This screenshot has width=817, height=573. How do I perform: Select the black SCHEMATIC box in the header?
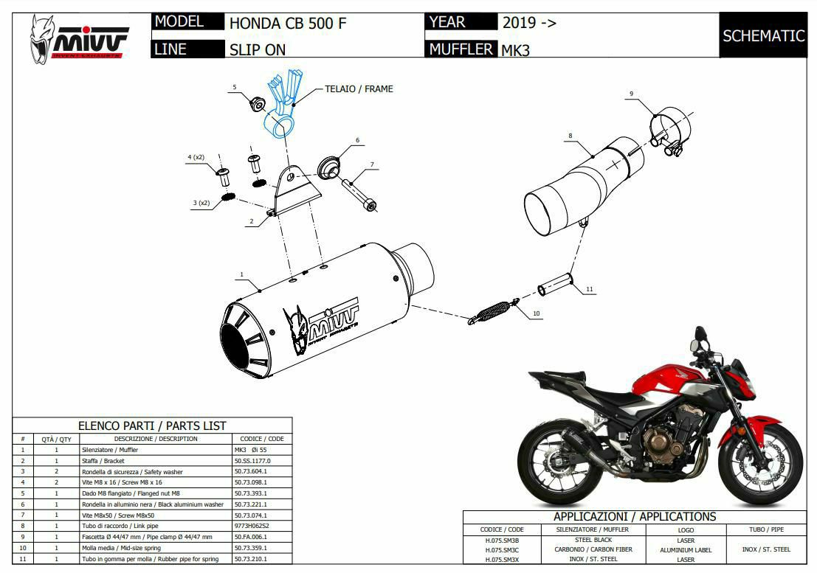[x=763, y=35]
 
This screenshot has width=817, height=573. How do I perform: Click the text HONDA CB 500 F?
[x=288, y=23]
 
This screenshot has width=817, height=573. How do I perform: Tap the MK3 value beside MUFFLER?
[x=516, y=50]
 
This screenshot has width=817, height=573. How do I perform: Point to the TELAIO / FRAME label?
[x=359, y=88]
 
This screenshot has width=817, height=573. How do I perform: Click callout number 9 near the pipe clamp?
[x=632, y=94]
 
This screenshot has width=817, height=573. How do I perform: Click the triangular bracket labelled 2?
[x=295, y=190]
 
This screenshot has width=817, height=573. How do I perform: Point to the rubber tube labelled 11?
[x=555, y=284]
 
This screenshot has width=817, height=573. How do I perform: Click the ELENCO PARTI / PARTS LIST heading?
[x=152, y=426]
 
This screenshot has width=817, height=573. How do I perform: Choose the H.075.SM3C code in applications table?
[x=503, y=549]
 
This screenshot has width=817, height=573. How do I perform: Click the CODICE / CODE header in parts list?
[x=261, y=439]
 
